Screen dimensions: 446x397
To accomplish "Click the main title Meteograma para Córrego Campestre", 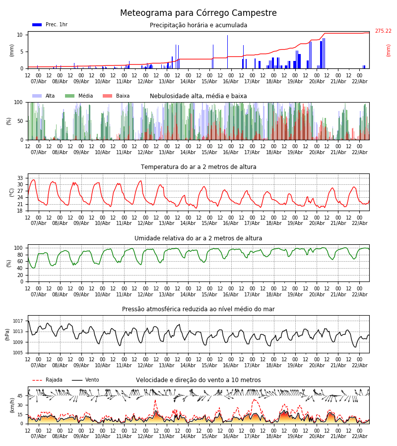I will click(x=198, y=13).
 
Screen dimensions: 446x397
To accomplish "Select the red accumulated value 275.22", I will click(x=383, y=31).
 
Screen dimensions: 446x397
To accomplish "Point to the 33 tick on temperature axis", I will click(x=20, y=178).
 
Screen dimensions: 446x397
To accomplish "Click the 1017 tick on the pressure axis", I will click(x=18, y=321).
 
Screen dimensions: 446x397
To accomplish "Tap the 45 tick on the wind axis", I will click(x=20, y=396).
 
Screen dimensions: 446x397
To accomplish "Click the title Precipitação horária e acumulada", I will click(x=198, y=25).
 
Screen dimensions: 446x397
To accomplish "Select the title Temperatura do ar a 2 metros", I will click(x=198, y=167).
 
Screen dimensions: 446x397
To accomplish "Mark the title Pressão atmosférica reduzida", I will click(x=198, y=309).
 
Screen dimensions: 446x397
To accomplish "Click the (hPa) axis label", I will click(x=8, y=334).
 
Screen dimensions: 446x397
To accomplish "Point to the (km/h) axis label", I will click(x=12, y=405).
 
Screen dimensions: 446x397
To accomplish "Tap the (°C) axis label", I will click(x=12, y=192).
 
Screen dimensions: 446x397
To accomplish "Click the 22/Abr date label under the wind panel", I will click(x=360, y=436).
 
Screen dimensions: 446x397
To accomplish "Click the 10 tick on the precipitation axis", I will click(x=20, y=35).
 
